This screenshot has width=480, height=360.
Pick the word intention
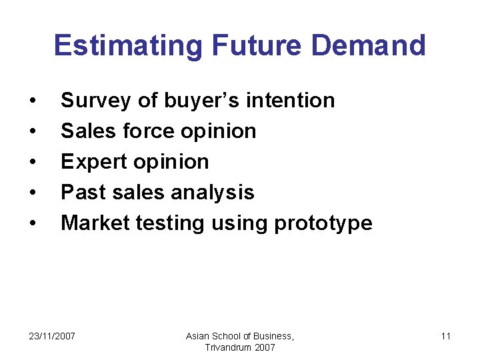[x=291, y=101]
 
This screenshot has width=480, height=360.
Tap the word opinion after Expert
[x=171, y=162]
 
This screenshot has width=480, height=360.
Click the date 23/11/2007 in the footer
[x=52, y=336]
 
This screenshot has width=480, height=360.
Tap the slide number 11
[x=445, y=336]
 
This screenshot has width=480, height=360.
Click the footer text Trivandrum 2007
[x=240, y=347]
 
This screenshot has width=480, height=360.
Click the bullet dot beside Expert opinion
[x=33, y=163]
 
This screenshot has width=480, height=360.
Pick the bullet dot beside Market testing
[x=33, y=224]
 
